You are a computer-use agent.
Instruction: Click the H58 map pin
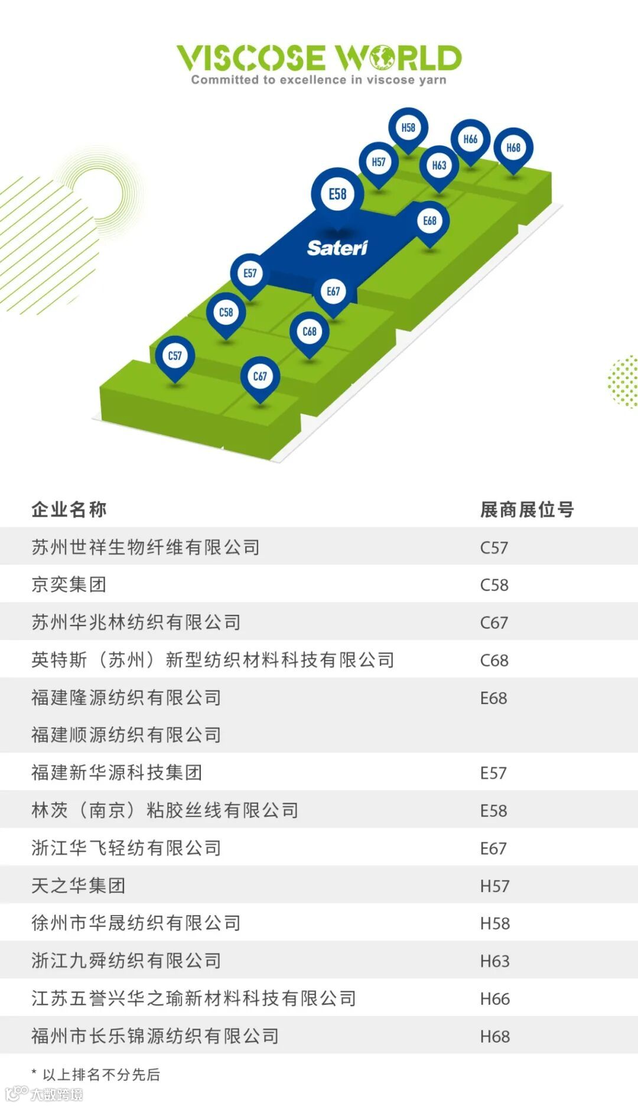point(408,128)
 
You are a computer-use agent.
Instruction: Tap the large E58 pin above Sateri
point(337,194)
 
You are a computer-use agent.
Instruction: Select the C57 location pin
point(175,356)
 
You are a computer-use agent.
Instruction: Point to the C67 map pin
point(260,377)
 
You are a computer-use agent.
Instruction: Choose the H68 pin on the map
point(513,148)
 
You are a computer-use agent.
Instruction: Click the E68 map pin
point(429,221)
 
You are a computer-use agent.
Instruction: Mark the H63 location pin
point(439,166)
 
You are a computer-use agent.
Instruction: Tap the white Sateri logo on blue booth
point(337,248)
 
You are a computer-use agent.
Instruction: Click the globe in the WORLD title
point(382,58)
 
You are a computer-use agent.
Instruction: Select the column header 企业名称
point(69,509)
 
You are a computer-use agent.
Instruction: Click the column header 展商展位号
point(527,509)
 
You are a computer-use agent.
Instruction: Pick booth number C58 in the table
point(494,585)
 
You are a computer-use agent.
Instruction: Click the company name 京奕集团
point(69,585)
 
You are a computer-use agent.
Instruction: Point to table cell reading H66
point(494,998)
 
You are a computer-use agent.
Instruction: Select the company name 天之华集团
point(79,886)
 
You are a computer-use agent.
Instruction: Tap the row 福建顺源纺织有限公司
point(126,735)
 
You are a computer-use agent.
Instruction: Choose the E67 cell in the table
point(493,848)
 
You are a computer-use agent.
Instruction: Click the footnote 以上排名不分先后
point(101,1074)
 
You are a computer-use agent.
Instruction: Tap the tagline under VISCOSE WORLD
point(318,80)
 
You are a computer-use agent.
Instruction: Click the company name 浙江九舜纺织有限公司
point(126,961)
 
